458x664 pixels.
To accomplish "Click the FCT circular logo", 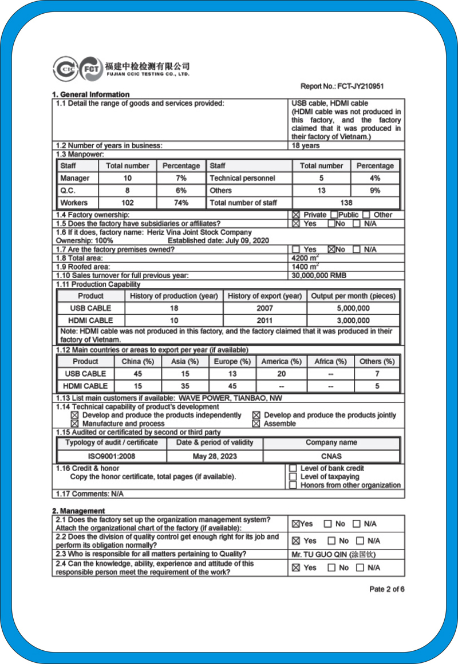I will tap(91, 68).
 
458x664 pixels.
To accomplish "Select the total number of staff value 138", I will tap(346, 203).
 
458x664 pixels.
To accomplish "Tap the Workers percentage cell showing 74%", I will tap(181, 203).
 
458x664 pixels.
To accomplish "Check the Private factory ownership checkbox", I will tap(296, 215).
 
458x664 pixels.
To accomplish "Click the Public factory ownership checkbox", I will tap(334, 215).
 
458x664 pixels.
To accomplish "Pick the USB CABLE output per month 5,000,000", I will tap(353, 308).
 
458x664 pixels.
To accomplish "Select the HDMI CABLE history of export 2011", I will tap(265, 321).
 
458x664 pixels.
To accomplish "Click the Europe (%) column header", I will tap(232, 361).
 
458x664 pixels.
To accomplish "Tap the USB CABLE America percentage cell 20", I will tap(281, 374).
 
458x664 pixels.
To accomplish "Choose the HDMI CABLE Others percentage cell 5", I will tap(377, 386).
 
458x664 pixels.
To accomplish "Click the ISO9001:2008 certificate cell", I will tap(111, 456).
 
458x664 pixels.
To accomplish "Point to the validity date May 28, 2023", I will tap(215, 456).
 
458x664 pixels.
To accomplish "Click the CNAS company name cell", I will tap(331, 456).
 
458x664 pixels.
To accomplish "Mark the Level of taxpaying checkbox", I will tap(293, 477).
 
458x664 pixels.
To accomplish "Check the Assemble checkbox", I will tap(256, 424).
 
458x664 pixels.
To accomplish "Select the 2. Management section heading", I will tap(78, 511).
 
